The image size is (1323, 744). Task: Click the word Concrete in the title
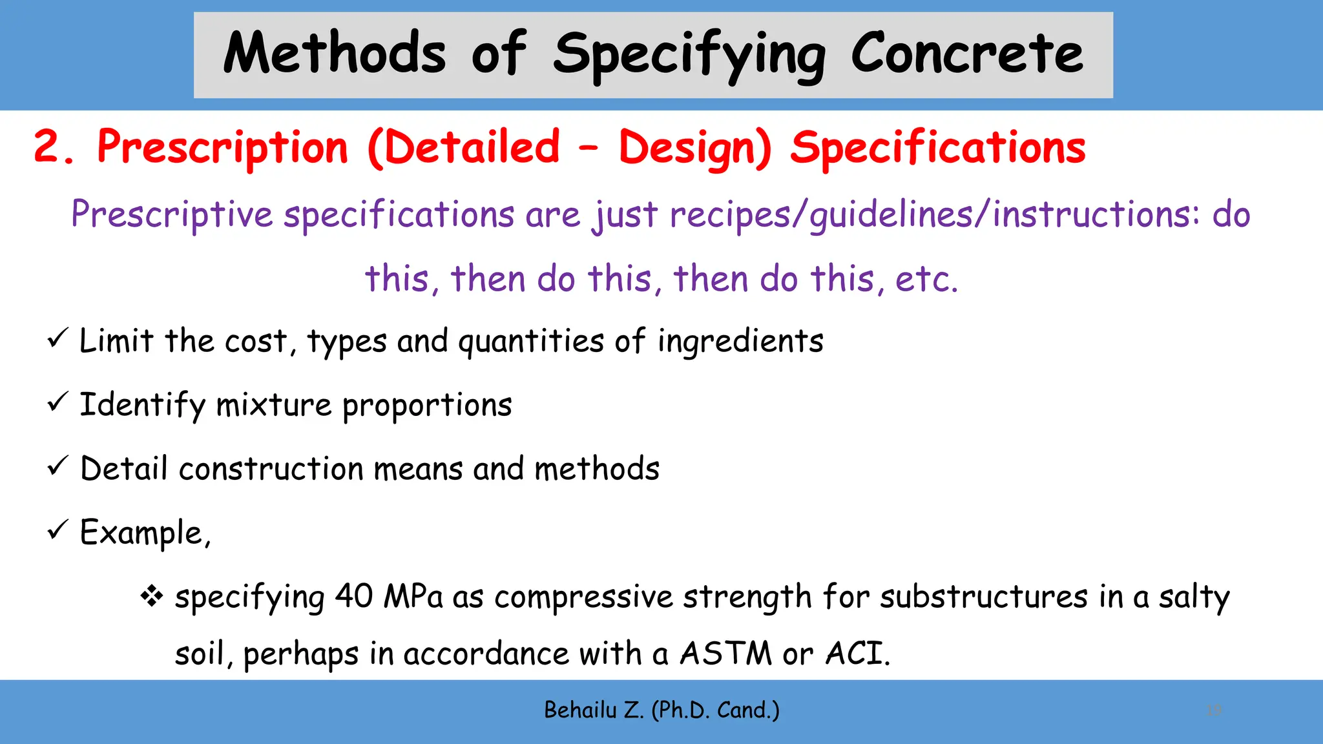pos(966,53)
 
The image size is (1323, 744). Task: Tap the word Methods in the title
pos(335,53)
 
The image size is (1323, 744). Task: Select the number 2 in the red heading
pos(47,147)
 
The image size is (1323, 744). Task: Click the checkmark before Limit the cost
pos(57,338)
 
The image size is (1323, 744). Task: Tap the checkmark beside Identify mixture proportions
pos(57,402)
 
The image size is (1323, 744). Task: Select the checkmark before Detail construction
pos(57,466)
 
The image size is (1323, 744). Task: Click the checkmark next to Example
pos(57,530)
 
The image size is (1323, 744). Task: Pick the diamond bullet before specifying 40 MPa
pos(152,595)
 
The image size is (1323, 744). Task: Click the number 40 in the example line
pos(353,595)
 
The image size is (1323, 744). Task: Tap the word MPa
pos(413,595)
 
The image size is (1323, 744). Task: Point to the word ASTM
pos(725,653)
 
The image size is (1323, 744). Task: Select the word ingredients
pos(740,341)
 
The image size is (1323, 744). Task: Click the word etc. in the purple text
pos(926,279)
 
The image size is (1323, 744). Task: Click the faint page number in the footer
pos(1213,710)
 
